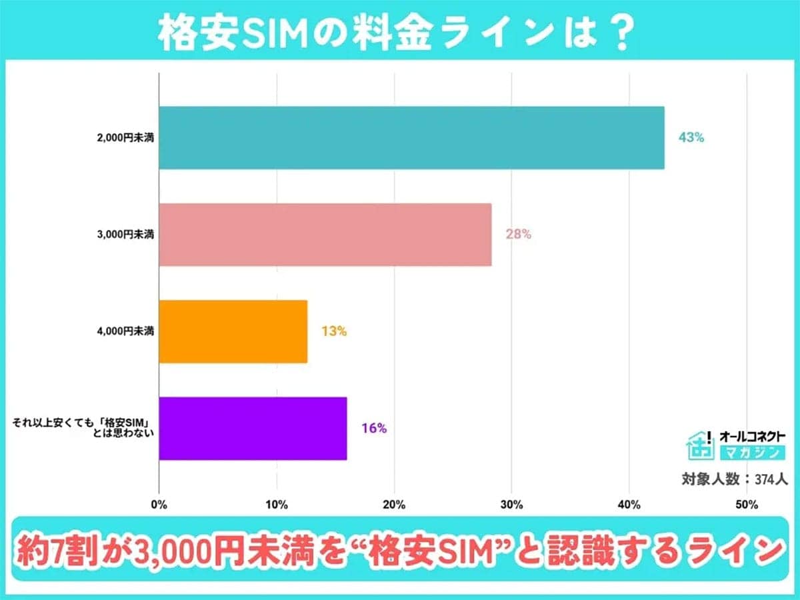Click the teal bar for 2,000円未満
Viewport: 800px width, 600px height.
pyautogui.click(x=411, y=138)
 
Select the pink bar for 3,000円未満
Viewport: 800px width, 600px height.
pyautogui.click(x=325, y=235)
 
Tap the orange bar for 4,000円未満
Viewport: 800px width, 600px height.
pyautogui.click(x=233, y=331)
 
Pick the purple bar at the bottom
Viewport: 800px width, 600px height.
pyautogui.click(x=253, y=428)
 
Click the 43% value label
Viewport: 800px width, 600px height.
pyautogui.click(x=691, y=138)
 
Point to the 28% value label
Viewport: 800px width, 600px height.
pyautogui.click(x=518, y=235)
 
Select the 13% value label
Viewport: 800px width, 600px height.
pyautogui.click(x=333, y=331)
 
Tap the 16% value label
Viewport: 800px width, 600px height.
pyautogui.click(x=374, y=428)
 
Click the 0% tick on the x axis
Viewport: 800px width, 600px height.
pyautogui.click(x=159, y=505)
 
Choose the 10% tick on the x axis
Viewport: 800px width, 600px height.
pyautogui.click(x=277, y=505)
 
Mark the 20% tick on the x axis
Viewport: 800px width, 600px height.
pyautogui.click(x=394, y=505)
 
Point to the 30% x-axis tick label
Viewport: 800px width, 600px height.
pyautogui.click(x=511, y=505)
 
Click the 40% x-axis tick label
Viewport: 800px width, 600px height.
pyautogui.click(x=629, y=505)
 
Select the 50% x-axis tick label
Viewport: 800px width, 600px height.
pyautogui.click(x=747, y=505)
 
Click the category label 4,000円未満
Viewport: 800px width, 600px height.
pyautogui.click(x=124, y=331)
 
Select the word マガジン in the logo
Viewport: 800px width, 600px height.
pyautogui.click(x=751, y=453)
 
